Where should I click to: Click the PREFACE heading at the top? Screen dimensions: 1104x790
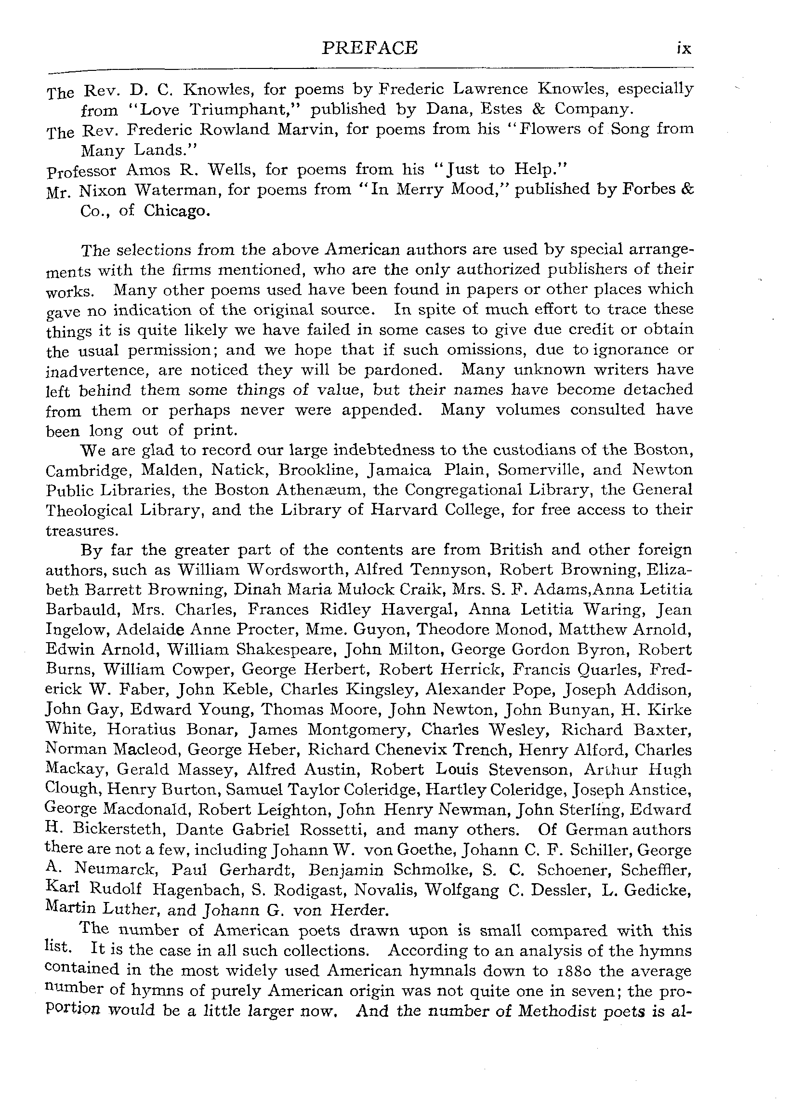coord(370,48)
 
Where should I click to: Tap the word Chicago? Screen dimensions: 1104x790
coord(177,211)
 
